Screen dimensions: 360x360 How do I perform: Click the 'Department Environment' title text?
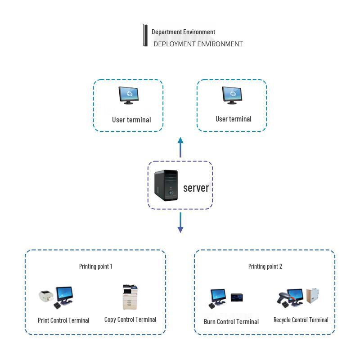183,32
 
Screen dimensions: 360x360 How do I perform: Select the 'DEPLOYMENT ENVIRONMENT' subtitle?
198,44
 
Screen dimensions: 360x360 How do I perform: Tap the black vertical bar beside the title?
145,35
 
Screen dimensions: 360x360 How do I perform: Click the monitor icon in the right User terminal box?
232,95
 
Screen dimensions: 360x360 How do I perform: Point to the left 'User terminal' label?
131,120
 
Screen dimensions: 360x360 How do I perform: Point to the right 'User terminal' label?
233,119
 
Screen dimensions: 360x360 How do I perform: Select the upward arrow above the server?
180,147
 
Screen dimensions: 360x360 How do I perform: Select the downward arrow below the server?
180,223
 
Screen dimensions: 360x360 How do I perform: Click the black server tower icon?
166,185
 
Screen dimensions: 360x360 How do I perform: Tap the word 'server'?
196,188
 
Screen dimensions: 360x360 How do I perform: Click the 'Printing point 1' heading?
95,266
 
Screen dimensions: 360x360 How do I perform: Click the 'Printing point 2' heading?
265,266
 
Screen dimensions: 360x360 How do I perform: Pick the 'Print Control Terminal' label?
63,320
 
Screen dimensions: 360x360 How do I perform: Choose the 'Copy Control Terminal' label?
130,319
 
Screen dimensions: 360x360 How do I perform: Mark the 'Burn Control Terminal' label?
231,322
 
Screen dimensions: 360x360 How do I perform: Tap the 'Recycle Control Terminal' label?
301,320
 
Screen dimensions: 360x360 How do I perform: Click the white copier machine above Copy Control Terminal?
130,297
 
